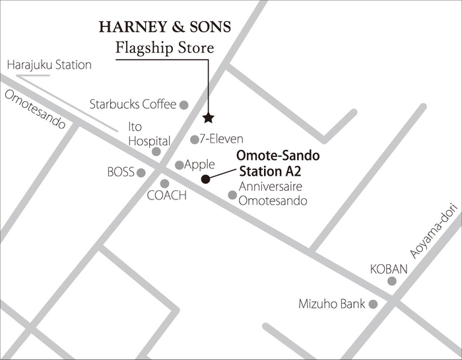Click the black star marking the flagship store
coord(209,118)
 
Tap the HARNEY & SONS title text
coord(164,27)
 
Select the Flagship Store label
coord(164,48)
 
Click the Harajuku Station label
coord(49,65)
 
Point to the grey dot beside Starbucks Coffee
coord(184,104)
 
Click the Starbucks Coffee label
coord(133,104)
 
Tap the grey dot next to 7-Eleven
coord(194,139)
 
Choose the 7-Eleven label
coord(221,139)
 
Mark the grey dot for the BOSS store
coord(141,172)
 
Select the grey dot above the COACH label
coord(164,184)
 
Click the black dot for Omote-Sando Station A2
coord(205,179)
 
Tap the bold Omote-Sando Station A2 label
coord(277,164)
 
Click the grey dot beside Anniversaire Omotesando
coord(232,195)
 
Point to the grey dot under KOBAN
coord(392,281)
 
